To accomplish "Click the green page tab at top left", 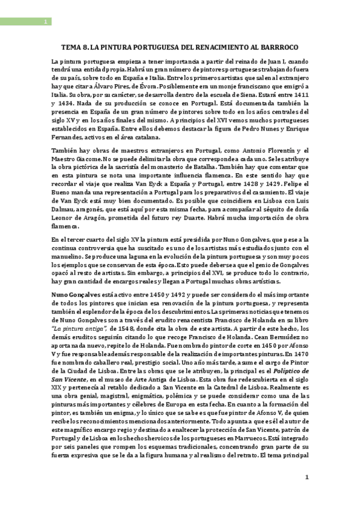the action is point(25,22).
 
